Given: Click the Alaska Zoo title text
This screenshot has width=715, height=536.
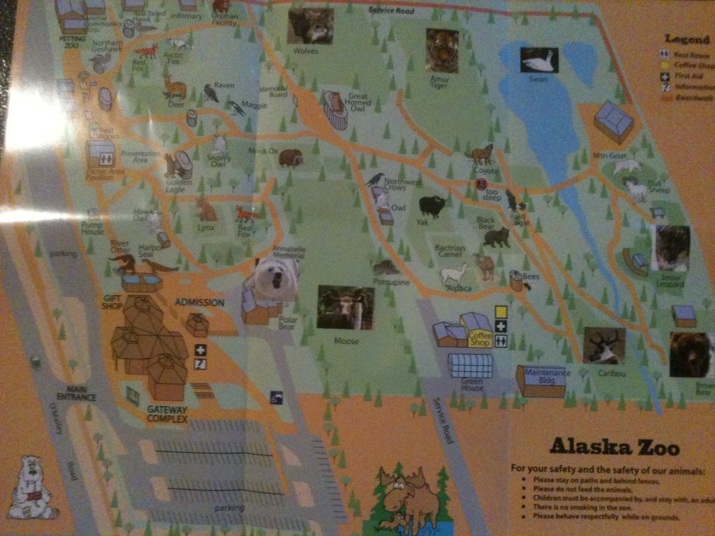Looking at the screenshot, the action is point(614,446).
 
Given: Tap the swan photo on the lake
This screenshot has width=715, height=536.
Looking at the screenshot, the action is point(539,61).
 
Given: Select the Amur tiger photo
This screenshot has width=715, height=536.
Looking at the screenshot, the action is point(442,50).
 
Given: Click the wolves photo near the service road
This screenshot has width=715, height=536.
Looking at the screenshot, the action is point(310,26).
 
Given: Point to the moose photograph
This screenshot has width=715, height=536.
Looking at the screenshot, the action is point(345,307).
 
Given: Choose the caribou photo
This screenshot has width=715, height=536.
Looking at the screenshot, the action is point(604,345).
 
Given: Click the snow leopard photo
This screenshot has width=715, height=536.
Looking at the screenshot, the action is point(670,248).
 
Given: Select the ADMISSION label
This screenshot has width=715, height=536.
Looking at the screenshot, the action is point(199,302).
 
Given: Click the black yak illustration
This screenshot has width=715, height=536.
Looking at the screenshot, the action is point(432,206).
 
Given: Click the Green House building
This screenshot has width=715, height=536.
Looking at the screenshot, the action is point(470,364).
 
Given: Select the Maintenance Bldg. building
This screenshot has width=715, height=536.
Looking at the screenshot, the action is point(541,381).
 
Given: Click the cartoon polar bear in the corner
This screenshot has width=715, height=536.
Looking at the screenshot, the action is point(30,488).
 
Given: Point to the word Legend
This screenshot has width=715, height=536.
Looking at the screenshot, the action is point(687,39).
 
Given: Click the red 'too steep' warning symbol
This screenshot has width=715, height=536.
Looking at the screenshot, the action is point(480,184).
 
